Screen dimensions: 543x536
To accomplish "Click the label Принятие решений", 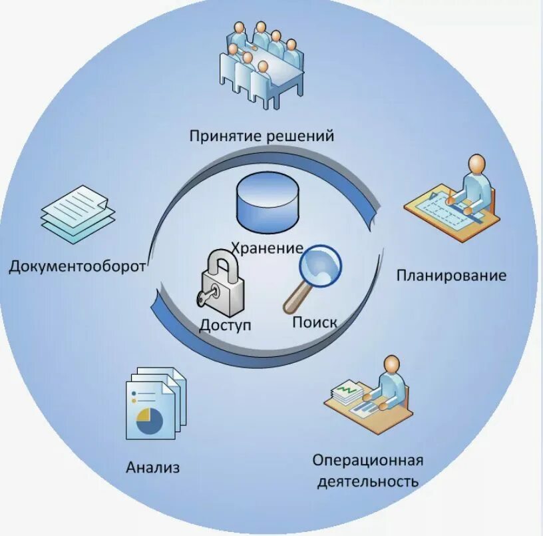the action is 262,136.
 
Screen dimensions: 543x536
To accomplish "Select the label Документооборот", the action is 77,268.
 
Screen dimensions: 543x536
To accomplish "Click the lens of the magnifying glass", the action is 319,265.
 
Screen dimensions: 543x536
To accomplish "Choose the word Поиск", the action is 315,323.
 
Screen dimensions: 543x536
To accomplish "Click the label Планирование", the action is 451,275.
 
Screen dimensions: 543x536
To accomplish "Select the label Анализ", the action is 153,467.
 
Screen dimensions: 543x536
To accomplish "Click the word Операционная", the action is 367,461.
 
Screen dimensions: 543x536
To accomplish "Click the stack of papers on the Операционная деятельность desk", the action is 346,393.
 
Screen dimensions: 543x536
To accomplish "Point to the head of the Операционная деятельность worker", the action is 393,364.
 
